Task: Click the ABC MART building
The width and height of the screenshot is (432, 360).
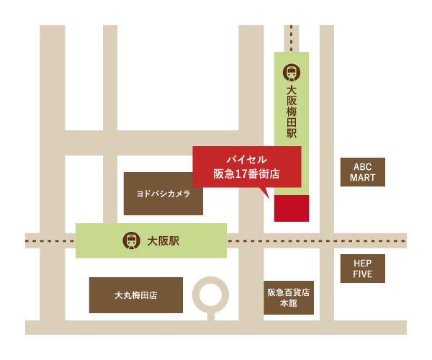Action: tap(362, 172)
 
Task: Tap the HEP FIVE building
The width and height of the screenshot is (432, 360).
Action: tap(362, 269)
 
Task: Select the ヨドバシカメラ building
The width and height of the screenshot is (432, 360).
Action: tap(163, 194)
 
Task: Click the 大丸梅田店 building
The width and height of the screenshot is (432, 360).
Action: tap(136, 295)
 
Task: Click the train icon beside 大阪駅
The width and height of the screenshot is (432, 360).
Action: tap(132, 240)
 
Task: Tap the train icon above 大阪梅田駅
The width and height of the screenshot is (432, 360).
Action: tap(292, 72)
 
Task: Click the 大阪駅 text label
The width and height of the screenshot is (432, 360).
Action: tap(163, 240)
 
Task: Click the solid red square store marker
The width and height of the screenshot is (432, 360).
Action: tap(292, 208)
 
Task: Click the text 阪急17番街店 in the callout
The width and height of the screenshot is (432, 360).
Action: tap(247, 174)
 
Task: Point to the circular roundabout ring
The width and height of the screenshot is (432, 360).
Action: tap(211, 294)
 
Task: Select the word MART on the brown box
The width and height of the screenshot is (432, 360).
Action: tap(362, 178)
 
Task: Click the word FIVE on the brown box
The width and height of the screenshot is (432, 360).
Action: tap(362, 274)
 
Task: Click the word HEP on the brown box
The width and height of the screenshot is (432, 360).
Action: tap(362, 263)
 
